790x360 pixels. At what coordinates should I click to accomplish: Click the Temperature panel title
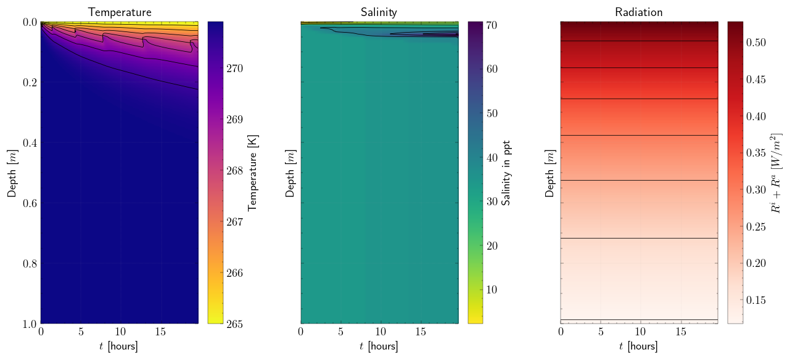120,12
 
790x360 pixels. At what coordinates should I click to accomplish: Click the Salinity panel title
379,12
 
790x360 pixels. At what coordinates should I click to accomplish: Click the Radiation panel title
639,12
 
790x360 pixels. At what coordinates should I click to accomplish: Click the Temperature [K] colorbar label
252,173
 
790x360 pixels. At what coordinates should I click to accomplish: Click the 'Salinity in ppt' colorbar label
506,173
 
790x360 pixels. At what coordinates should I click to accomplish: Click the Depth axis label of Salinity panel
290,173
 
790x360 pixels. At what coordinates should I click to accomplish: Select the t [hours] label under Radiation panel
639,346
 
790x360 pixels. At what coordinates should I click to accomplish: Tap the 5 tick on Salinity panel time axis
341,332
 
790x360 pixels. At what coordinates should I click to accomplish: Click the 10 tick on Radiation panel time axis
641,332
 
